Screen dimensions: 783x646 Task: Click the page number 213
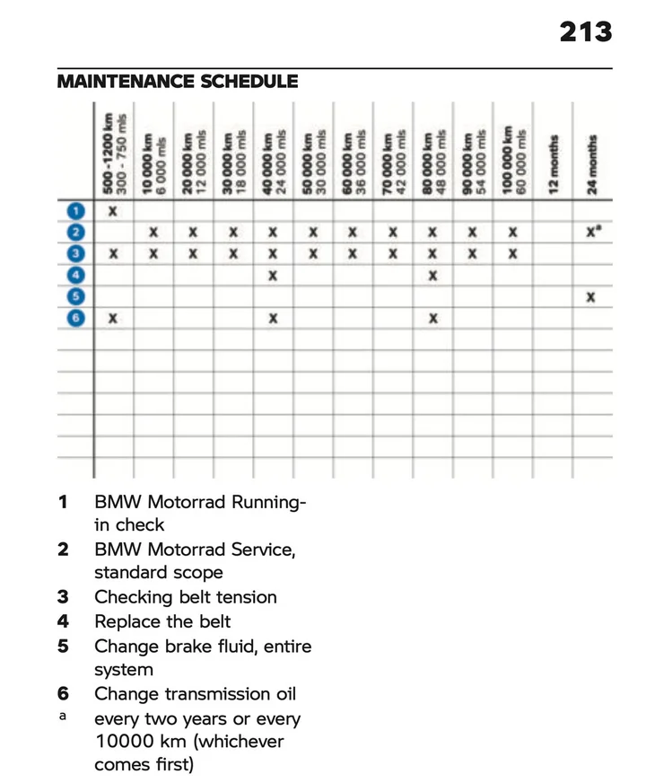[586, 32]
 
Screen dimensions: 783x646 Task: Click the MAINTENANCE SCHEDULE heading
[178, 82]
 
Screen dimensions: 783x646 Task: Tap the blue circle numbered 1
[77, 211]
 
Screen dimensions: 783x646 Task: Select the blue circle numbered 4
[77, 276]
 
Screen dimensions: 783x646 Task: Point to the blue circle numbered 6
[77, 318]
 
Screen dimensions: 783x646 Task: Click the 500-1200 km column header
[114, 151]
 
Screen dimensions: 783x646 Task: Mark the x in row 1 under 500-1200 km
[114, 211]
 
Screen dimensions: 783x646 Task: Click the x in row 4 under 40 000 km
[273, 276]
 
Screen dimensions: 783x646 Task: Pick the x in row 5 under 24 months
[591, 297]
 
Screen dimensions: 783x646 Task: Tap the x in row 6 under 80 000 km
[432, 318]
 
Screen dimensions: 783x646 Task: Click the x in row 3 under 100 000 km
[512, 254]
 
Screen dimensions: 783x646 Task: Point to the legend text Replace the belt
[162, 621]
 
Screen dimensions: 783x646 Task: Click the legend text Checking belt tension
[185, 597]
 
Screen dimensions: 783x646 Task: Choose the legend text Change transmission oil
[195, 694]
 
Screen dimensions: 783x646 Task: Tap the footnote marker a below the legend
[62, 717]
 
